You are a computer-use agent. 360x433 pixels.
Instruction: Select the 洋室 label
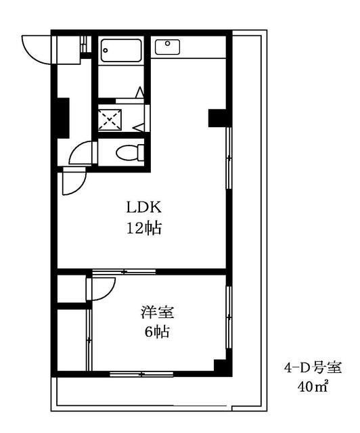157,313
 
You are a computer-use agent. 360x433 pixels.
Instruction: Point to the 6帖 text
156,332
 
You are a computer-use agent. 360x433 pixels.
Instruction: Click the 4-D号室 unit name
312,369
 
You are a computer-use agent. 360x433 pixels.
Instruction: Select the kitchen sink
166,47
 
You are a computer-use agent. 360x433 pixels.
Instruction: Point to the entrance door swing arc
35,47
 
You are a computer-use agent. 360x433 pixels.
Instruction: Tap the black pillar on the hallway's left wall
63,116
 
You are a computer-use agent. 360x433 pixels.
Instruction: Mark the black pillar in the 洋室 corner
220,366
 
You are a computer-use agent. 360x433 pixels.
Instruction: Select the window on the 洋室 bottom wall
139,373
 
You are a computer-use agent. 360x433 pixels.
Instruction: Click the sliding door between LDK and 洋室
124,272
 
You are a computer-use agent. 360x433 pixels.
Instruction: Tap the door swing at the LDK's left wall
72,181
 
